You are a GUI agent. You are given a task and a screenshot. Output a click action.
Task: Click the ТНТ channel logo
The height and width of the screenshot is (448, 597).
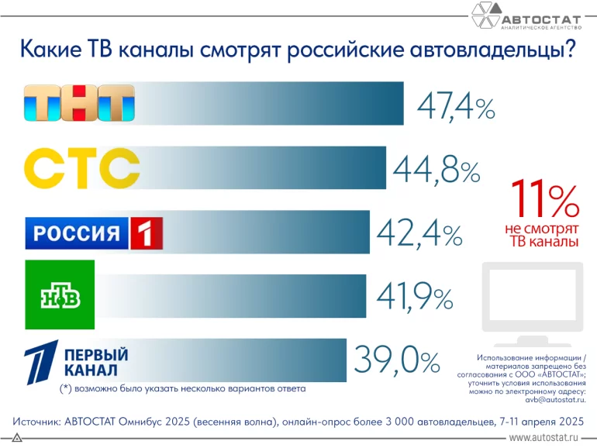pyautogui.click(x=79, y=103)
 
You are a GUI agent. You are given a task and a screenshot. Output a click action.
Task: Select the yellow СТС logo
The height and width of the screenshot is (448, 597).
pyautogui.click(x=82, y=167)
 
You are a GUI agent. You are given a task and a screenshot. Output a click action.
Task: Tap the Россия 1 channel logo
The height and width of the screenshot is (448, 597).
pyautogui.click(x=94, y=233)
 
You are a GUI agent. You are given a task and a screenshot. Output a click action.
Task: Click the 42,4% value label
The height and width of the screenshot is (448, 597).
pyautogui.click(x=419, y=232)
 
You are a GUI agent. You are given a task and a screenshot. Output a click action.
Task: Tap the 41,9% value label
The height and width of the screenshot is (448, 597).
pyautogui.click(x=415, y=295)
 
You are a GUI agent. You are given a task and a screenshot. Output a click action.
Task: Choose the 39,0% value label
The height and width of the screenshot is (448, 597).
pyautogui.click(x=397, y=359)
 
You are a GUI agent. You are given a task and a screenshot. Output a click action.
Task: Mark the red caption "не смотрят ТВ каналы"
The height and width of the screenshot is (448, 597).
pyautogui.click(x=542, y=236)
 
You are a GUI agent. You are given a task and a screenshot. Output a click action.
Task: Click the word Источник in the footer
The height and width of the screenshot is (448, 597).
pyautogui.click(x=39, y=422)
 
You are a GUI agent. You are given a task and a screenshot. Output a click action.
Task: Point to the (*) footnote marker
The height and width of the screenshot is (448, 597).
pyautogui.click(x=65, y=388)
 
